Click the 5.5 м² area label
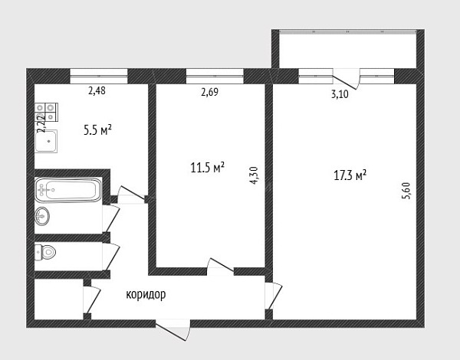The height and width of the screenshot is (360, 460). [x=97, y=130]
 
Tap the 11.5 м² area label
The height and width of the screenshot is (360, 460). [x=208, y=168]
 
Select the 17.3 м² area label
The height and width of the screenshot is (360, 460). [x=350, y=175]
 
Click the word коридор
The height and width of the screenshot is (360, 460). [x=146, y=294]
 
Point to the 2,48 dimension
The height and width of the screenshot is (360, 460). [x=97, y=90]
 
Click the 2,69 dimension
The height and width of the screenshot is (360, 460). [x=210, y=92]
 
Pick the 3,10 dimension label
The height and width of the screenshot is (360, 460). [x=340, y=94]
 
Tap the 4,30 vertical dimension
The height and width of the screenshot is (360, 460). [x=254, y=175]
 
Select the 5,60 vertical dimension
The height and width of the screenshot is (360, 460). [x=406, y=191]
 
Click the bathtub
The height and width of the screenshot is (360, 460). [x=68, y=190]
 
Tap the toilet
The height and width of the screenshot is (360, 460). [x=45, y=252]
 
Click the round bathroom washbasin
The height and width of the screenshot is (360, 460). [x=42, y=216]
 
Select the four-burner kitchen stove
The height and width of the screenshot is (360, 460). [x=46, y=112]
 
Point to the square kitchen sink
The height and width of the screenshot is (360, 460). [x=46, y=141]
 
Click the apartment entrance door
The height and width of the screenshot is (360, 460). [x=173, y=330]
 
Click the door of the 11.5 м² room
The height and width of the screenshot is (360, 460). [x=220, y=267]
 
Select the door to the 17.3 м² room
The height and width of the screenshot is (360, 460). [x=274, y=296]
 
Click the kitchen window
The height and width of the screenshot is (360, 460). [x=99, y=76]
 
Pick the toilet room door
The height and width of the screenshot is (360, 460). [x=111, y=257]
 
